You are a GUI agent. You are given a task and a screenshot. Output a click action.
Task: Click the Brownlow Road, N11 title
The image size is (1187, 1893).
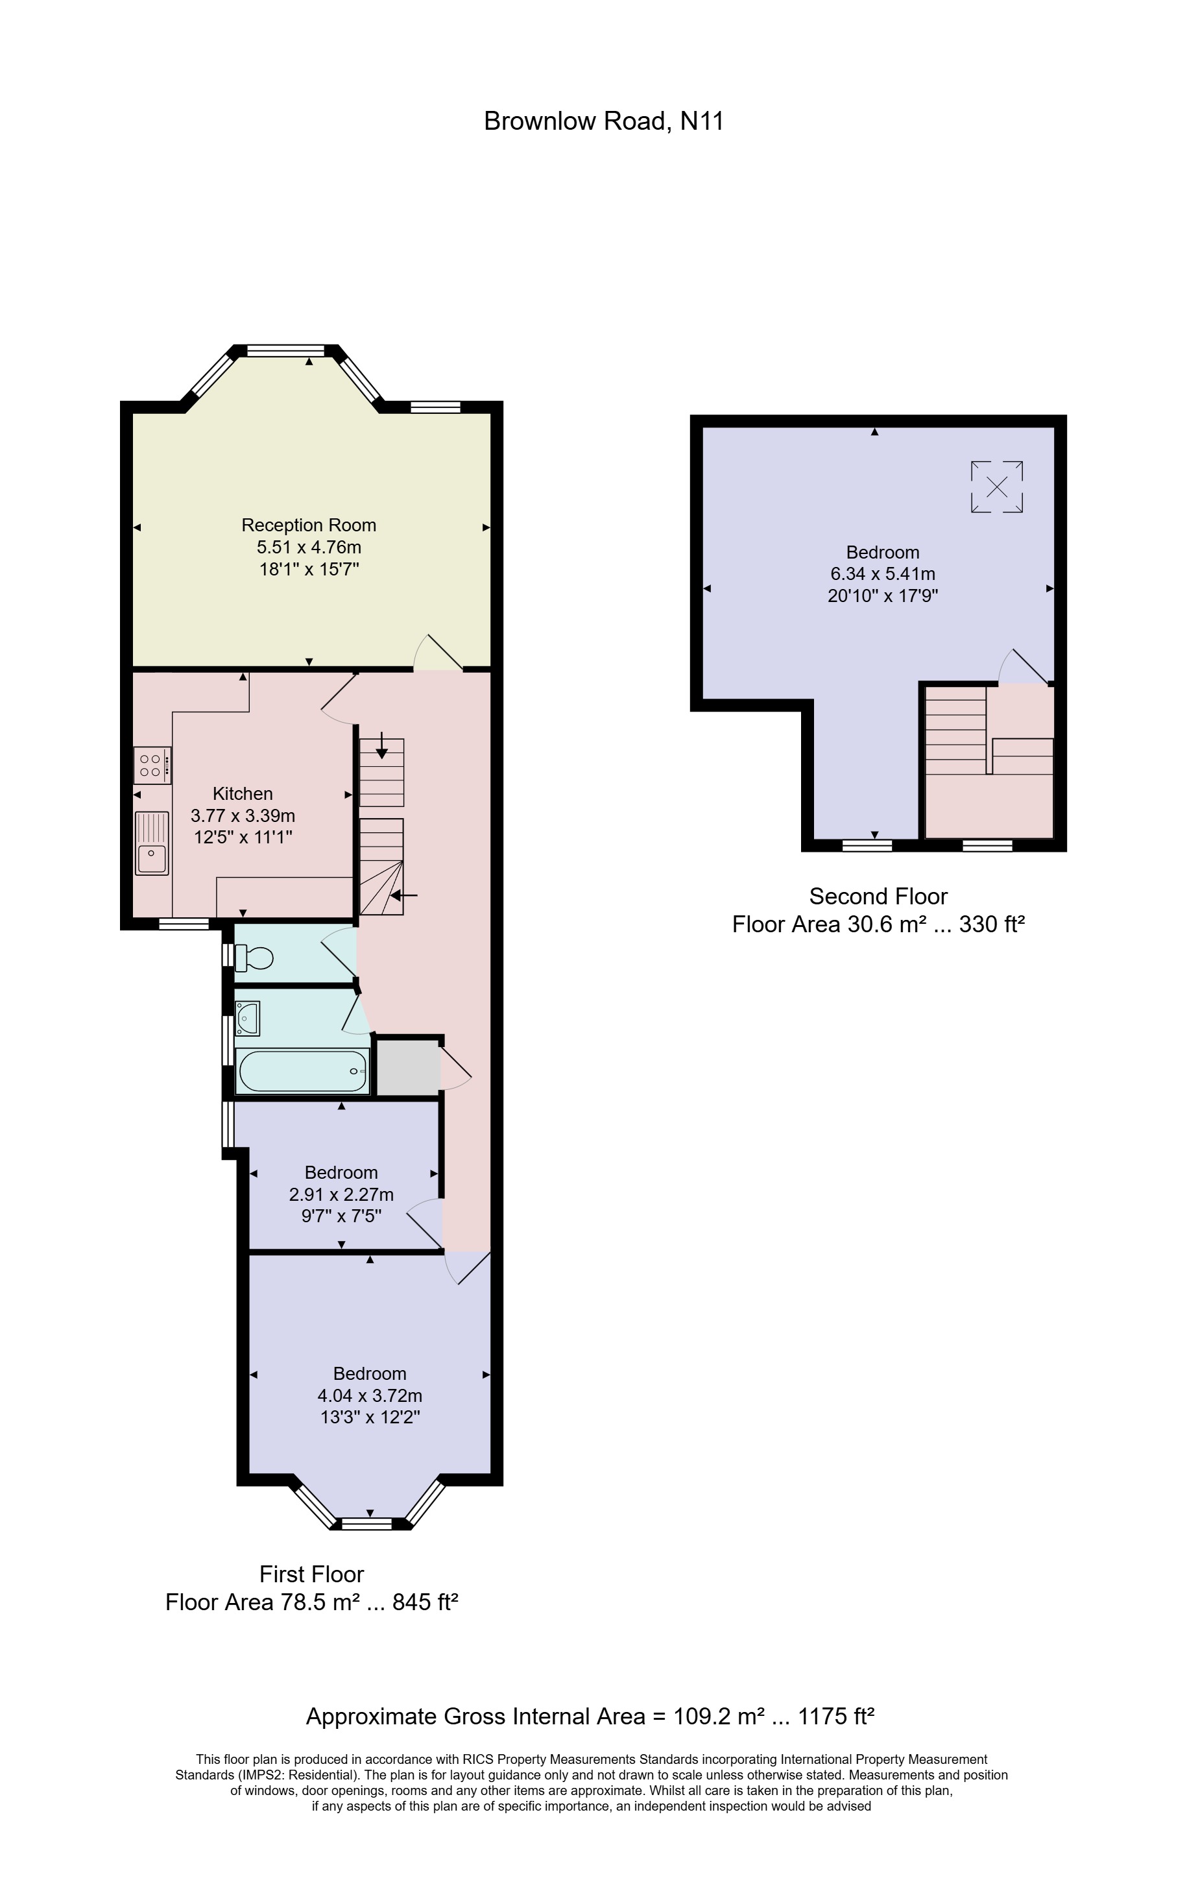603,121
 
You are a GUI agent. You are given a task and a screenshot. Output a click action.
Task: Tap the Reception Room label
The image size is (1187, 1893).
309,525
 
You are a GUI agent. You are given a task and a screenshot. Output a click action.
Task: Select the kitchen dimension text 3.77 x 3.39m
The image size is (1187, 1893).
243,815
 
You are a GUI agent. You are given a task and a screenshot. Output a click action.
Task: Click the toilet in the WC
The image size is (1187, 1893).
254,958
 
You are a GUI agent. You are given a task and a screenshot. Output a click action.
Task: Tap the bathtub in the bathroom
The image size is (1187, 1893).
302,1071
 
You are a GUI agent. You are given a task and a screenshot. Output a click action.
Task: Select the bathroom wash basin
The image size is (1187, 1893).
247,1019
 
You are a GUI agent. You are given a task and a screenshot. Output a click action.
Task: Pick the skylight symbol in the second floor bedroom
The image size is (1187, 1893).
996,488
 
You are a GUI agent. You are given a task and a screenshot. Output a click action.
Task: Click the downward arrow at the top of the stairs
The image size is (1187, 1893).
381,746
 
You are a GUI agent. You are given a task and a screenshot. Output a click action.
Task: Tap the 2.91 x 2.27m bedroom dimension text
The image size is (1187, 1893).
341,1194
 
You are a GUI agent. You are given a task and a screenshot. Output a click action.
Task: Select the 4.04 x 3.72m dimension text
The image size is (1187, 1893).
369,1395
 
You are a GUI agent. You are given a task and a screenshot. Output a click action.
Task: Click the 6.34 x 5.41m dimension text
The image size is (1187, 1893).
882,574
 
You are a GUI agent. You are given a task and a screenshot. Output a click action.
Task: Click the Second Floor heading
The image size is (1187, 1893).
878,896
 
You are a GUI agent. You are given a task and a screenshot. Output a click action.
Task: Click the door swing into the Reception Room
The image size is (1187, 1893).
437,654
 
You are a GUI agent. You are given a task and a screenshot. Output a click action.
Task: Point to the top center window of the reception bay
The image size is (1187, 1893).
286,351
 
